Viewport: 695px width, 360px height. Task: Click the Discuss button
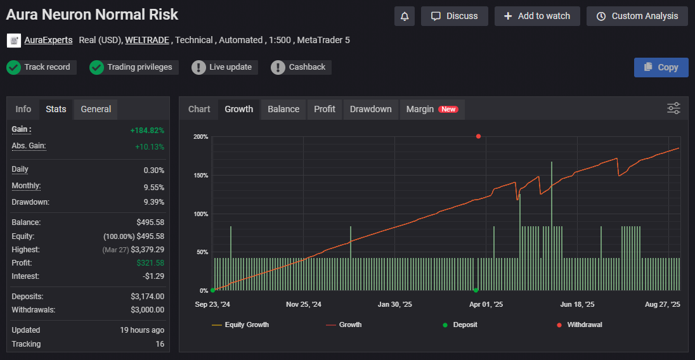[x=454, y=16]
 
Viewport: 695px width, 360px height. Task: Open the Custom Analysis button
[x=637, y=16]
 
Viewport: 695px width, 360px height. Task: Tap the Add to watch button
[x=537, y=16]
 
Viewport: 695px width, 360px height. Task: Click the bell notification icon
[x=405, y=16]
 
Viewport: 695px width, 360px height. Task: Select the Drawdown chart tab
[x=371, y=109]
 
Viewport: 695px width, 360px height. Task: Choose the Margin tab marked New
[x=432, y=109]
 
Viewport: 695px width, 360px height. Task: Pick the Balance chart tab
[x=283, y=109]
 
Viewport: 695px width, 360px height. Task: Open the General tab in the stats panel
[x=96, y=109]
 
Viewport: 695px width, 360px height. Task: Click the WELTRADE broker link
[x=147, y=40]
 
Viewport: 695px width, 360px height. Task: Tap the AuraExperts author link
[x=48, y=40]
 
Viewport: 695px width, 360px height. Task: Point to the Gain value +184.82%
[x=146, y=131]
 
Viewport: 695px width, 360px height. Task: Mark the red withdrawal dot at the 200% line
[x=478, y=136]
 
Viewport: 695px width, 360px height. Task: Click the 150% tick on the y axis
[x=200, y=176]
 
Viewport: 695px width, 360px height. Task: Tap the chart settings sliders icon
[x=673, y=108]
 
